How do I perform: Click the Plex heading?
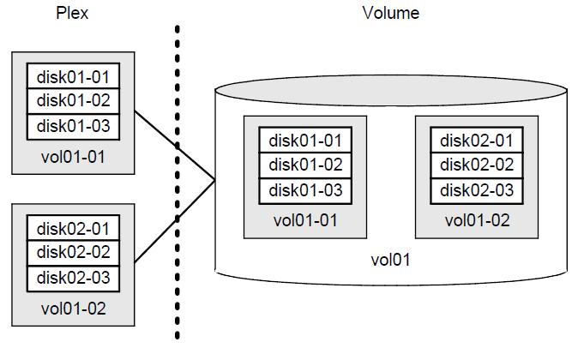[x=72, y=12]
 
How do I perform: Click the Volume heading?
[x=391, y=12]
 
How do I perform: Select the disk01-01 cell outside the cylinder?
[x=73, y=76]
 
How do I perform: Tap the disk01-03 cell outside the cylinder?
[x=73, y=126]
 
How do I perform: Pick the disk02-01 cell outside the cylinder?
[x=73, y=229]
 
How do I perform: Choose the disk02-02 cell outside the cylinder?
[x=73, y=254]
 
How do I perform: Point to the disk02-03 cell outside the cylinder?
[x=73, y=279]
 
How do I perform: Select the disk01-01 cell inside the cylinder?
[x=306, y=141]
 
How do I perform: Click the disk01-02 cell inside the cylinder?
[x=306, y=165]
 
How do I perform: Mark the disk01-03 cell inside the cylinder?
[x=306, y=189]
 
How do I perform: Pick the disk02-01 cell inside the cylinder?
[x=478, y=141]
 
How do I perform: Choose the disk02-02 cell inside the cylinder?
[x=478, y=165]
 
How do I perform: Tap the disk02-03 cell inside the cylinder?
[x=478, y=189]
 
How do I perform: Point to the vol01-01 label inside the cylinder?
[x=306, y=219]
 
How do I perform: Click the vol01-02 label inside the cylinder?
[x=478, y=219]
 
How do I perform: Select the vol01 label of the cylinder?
[x=390, y=260]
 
